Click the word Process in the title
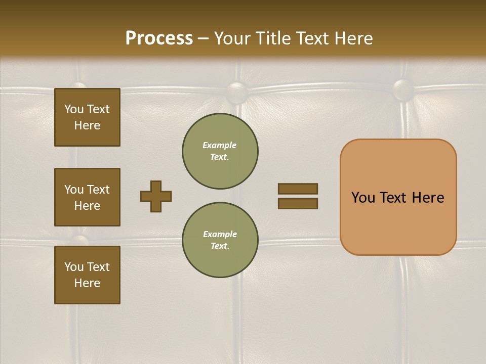[x=159, y=38]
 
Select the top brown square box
[x=87, y=117]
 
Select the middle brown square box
[x=87, y=197]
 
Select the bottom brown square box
[x=87, y=275]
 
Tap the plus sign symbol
[x=156, y=196]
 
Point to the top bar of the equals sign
[x=298, y=189]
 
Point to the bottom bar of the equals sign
[x=298, y=204]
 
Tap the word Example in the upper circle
[x=220, y=145]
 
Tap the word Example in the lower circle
[x=220, y=234]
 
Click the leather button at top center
[x=237, y=91]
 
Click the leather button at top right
[x=403, y=89]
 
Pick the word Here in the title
[x=352, y=38]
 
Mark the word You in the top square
[x=74, y=109]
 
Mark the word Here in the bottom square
[x=87, y=283]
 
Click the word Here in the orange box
[x=428, y=198]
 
